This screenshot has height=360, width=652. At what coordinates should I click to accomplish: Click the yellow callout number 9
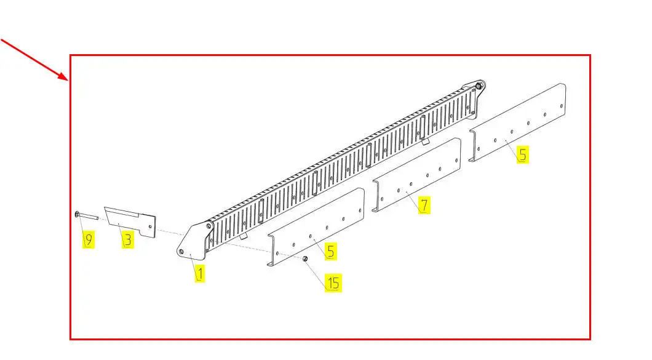coord(88,240)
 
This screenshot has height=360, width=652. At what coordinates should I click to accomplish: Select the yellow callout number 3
coord(128,240)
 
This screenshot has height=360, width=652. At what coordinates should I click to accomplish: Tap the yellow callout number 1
coord(199,273)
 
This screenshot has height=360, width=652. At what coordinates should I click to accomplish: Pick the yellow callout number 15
coord(333,283)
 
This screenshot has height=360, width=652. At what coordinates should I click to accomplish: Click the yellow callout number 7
coord(424,205)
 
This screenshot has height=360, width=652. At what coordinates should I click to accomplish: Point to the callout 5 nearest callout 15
coord(330,251)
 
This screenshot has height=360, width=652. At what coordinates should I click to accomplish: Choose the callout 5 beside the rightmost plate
coord(523,154)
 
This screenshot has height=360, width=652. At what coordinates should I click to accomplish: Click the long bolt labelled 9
coord(87,215)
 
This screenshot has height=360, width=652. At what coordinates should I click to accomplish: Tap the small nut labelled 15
coord(305,259)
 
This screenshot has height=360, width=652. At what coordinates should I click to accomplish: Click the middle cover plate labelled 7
coord(416,175)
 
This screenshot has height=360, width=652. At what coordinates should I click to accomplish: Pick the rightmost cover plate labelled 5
coord(517,122)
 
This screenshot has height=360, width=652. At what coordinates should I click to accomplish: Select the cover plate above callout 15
coord(316,227)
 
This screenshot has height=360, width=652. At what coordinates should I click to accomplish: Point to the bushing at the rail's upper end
coord(479,86)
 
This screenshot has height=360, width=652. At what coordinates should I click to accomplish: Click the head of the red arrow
coord(66,78)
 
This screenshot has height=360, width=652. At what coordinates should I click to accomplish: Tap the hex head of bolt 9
coord(77,214)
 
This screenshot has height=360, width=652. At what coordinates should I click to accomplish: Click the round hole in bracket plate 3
coord(150,227)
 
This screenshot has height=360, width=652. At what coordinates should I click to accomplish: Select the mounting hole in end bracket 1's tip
coord(181,251)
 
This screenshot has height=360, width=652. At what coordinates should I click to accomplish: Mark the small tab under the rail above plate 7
coord(424,142)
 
